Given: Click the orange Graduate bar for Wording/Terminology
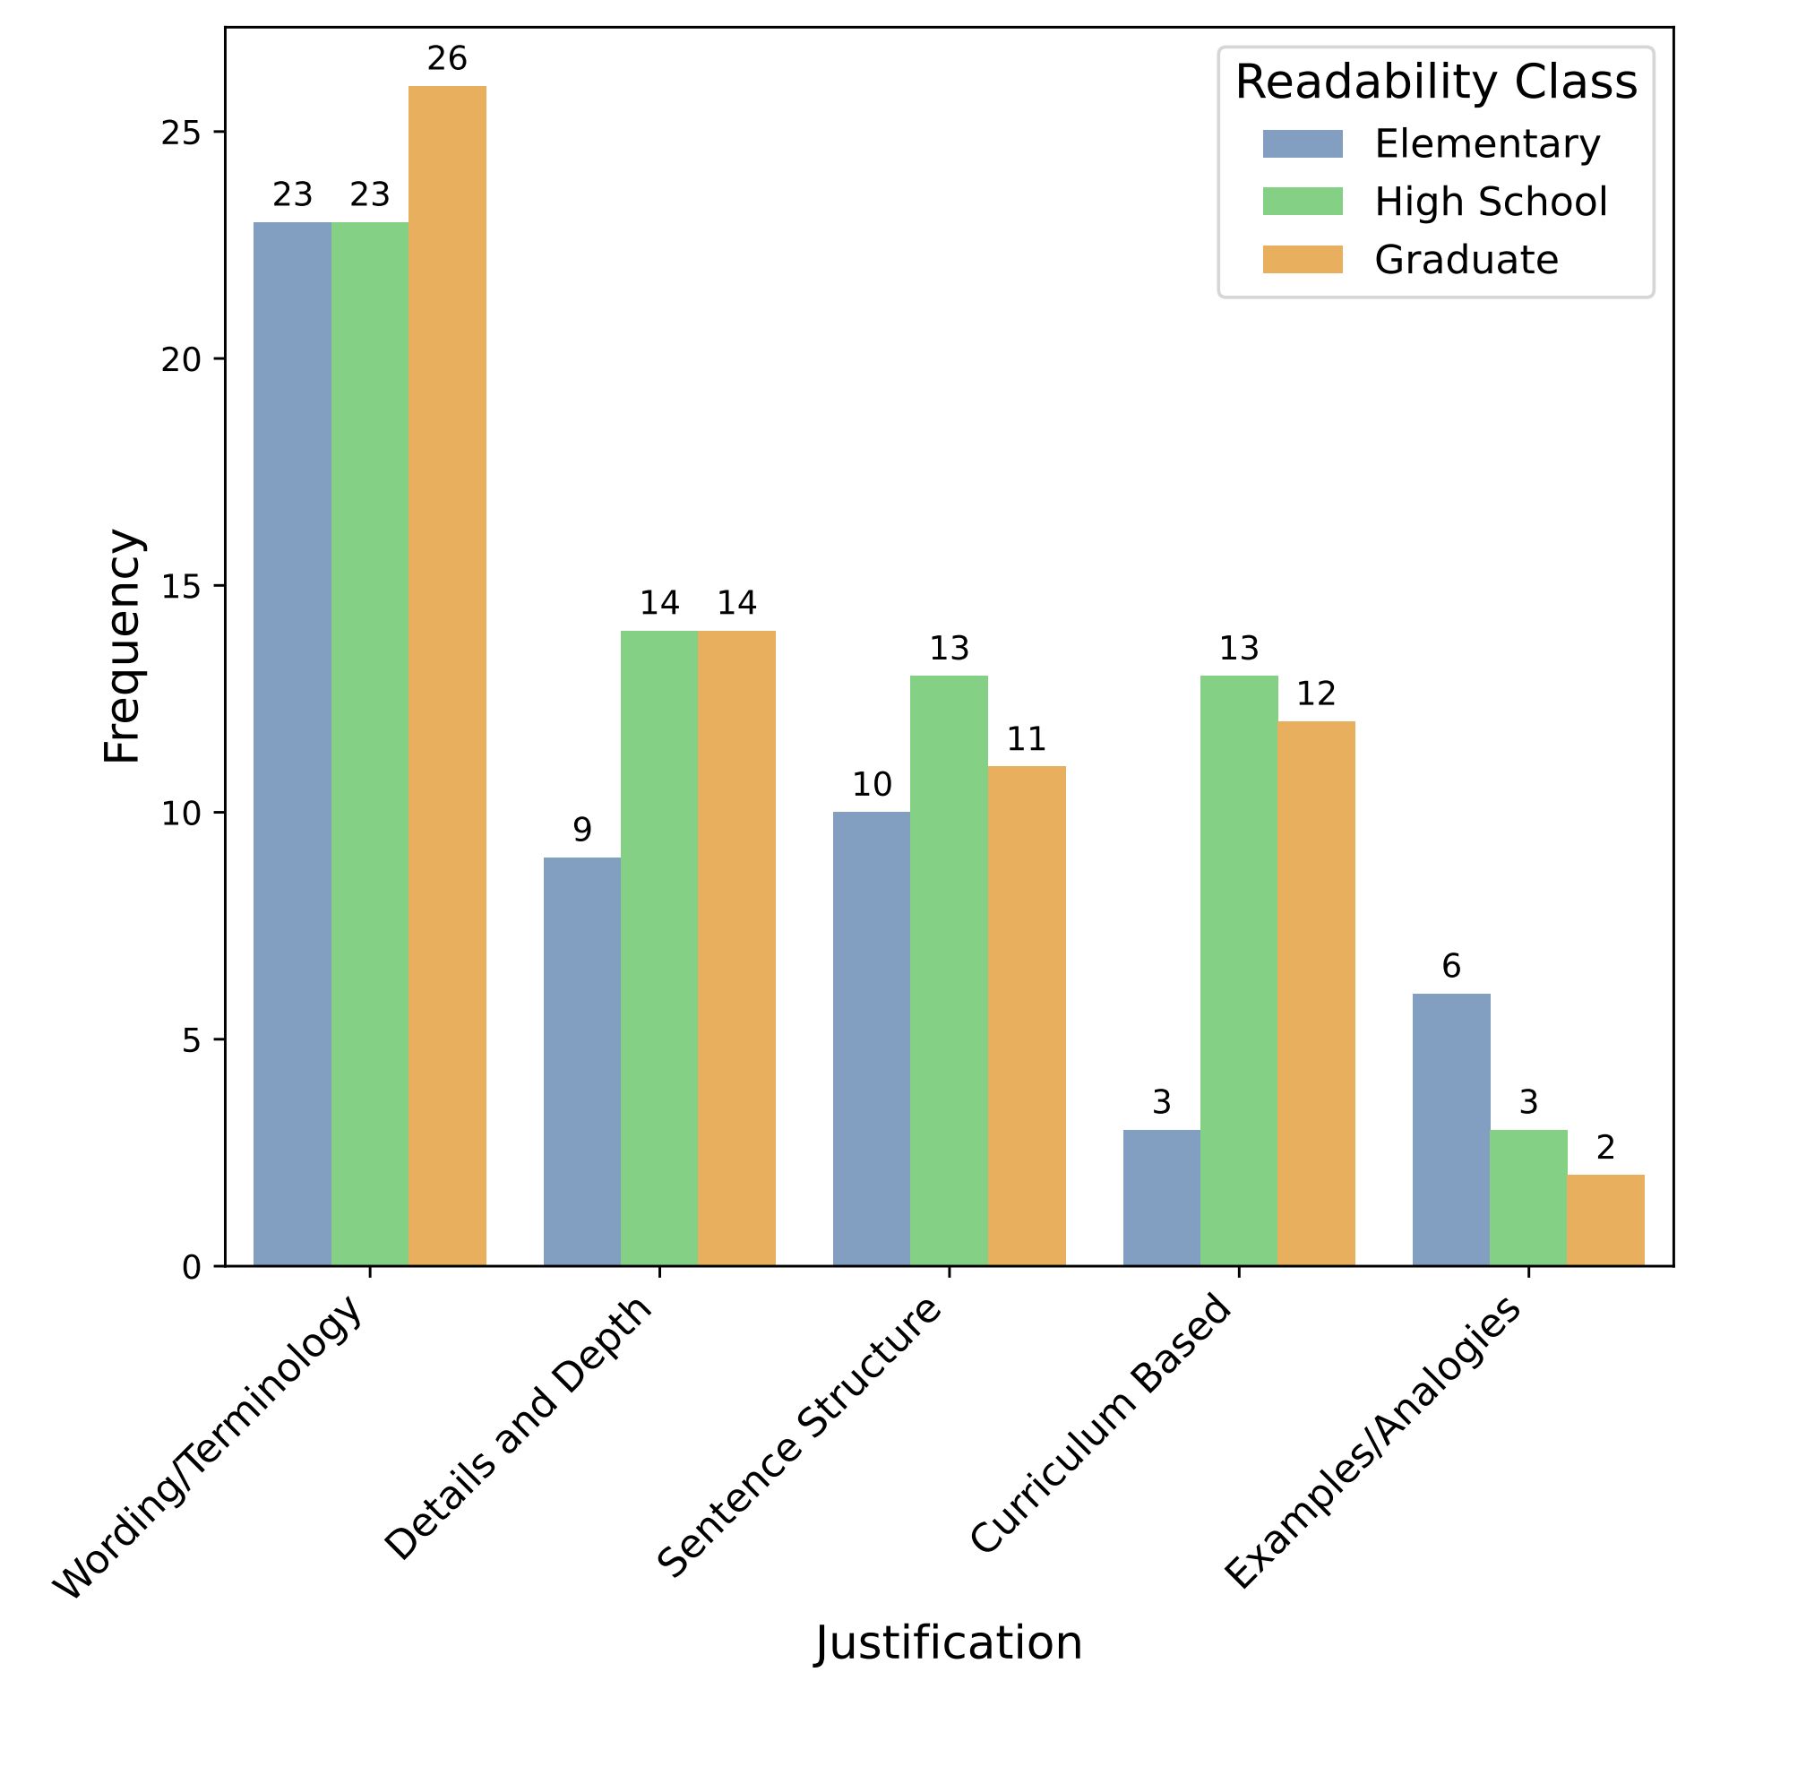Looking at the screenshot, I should tap(447, 676).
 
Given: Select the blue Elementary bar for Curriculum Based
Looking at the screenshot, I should tap(1161, 1197).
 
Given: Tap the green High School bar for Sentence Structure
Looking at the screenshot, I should tap(949, 970).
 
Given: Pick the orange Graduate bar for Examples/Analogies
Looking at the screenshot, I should tap(1605, 1220).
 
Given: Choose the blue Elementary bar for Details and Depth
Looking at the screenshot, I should tap(582, 1062).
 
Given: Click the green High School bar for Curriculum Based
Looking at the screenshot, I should tap(1239, 970).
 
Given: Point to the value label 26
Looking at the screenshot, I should tap(447, 59).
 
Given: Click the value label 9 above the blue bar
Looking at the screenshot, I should tap(582, 830).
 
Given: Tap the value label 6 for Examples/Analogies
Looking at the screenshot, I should tap(1451, 966).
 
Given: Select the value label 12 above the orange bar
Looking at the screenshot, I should tap(1316, 694).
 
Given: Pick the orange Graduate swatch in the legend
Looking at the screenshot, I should tap(1302, 260).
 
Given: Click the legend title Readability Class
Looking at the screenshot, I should tap(1436, 82).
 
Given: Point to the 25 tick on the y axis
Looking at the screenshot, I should tap(181, 133).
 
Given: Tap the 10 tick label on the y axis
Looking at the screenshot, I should tap(181, 813).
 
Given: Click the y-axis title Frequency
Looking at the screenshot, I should tap(123, 646).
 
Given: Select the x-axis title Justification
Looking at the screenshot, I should tap(949, 1642).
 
